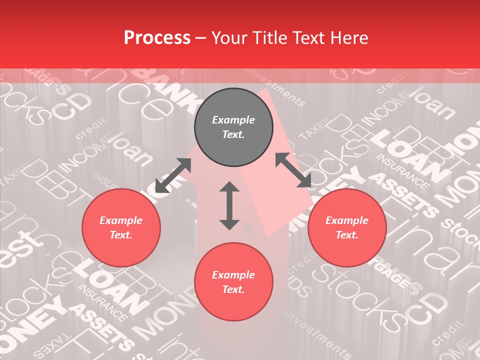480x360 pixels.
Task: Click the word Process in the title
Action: point(157,38)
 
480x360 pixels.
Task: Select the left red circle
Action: point(121,227)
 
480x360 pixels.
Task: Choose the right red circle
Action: point(347,227)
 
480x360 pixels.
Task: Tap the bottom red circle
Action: point(233,282)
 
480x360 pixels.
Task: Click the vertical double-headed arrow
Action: point(229,205)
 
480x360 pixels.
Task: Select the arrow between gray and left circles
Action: point(173,175)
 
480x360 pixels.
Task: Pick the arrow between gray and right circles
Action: point(293,170)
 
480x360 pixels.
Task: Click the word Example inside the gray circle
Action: point(233,120)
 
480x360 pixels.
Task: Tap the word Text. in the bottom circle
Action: point(233,289)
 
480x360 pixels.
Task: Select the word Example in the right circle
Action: point(347,220)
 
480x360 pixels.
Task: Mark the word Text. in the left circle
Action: point(121,235)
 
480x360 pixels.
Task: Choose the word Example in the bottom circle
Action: point(233,275)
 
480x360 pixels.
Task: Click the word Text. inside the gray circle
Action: point(233,134)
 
